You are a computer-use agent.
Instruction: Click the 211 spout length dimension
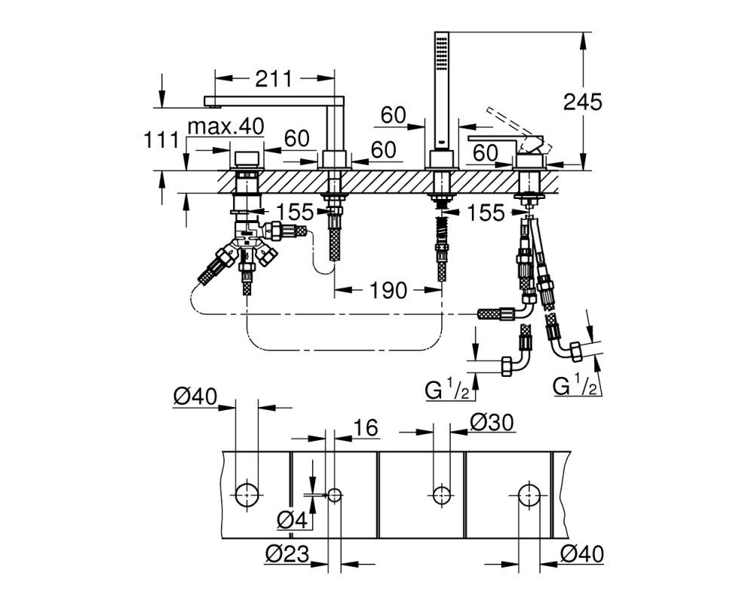click(x=273, y=78)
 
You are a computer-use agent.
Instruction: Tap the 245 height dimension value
click(x=582, y=102)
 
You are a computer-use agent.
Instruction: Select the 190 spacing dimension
click(x=388, y=290)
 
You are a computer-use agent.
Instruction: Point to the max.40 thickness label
click(x=225, y=127)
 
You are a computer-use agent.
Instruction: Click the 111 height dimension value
click(x=161, y=140)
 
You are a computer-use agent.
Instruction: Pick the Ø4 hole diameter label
click(x=292, y=519)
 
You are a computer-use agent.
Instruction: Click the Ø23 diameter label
click(x=287, y=554)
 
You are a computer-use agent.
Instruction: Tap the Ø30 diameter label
click(x=492, y=423)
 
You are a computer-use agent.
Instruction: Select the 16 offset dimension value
click(x=366, y=427)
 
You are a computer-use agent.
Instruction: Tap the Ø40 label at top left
click(x=195, y=396)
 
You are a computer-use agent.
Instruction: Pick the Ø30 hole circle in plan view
click(x=442, y=494)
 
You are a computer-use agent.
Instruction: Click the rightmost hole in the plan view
click(x=529, y=494)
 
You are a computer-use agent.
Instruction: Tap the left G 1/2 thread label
click(x=447, y=390)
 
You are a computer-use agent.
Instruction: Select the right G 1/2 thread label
click(x=575, y=386)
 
